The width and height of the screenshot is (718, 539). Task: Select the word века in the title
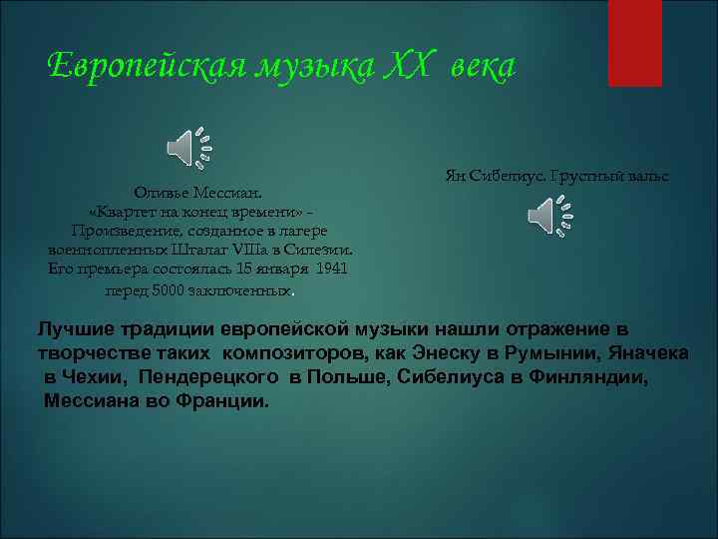[480, 66]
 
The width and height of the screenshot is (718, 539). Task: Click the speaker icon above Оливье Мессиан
[188, 148]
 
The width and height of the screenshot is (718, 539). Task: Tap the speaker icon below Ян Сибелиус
[549, 215]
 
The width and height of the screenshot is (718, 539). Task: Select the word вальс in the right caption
[648, 176]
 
